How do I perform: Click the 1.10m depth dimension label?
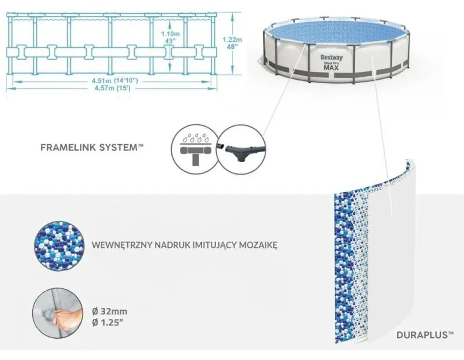coord(170,34)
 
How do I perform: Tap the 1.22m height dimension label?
coord(232,40)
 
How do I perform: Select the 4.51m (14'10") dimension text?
coord(115,81)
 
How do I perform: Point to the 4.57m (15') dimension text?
coord(112,88)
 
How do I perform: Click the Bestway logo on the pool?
coord(331,58)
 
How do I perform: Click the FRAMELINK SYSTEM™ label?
coord(92,147)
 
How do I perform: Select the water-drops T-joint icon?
coord(194,149)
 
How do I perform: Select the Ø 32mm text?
coord(110,311)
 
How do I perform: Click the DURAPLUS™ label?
coord(425,335)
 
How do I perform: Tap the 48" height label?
coord(232,47)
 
